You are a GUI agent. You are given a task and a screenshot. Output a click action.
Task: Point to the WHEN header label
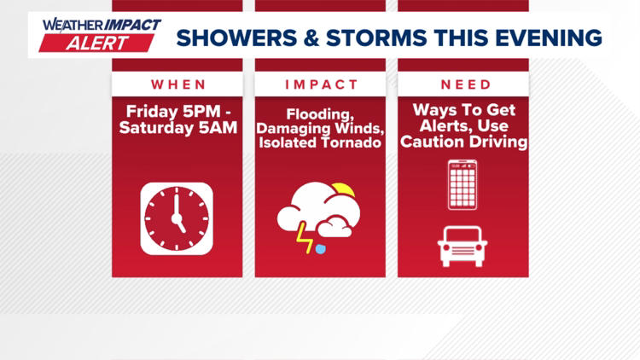click(177, 84)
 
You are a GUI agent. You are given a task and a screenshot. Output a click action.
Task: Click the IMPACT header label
click(320, 84)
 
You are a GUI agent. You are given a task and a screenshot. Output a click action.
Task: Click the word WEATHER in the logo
click(70, 25)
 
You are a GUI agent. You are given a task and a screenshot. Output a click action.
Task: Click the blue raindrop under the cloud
click(320, 248)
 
